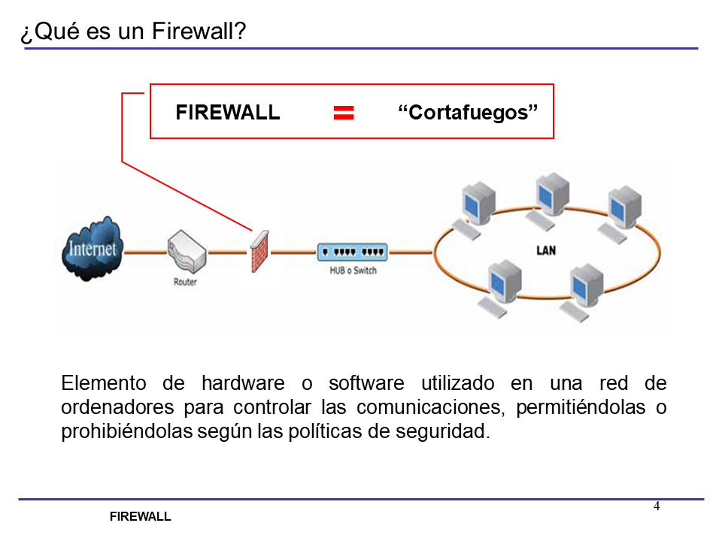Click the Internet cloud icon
coord(92,249)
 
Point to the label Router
coord(185,283)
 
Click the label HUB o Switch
coord(353,270)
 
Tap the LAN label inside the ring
coord(546,250)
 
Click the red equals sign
coord(344,113)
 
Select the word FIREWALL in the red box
coord(227,113)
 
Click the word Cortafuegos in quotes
coord(469,113)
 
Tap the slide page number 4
coord(657,506)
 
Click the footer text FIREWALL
coord(141,517)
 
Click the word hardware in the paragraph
coord(243,383)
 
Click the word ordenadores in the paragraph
coord(116,408)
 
